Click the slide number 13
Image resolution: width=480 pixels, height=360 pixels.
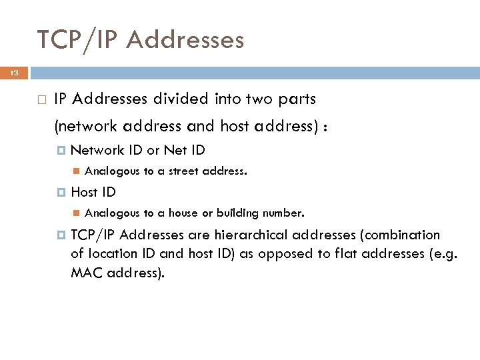[14, 73]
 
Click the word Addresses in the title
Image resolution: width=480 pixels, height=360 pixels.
[185, 40]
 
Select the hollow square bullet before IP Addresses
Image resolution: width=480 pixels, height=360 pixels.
[41, 100]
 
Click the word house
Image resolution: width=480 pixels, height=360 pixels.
[183, 214]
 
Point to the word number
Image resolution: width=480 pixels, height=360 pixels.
[283, 214]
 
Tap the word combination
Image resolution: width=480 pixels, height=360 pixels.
[402, 235]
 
